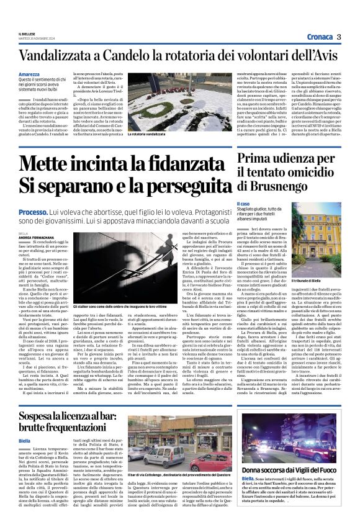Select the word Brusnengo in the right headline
tap(286, 186)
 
